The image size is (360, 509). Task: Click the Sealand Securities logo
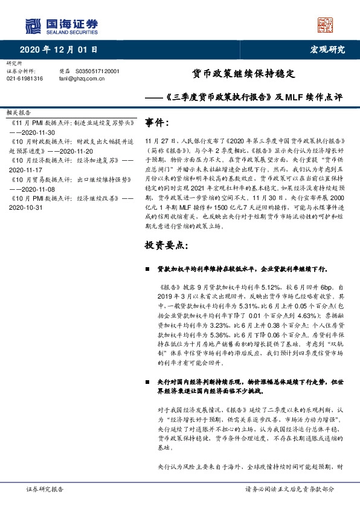pyautogui.click(x=61, y=26)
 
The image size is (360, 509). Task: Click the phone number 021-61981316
pyautogui.click(x=25, y=78)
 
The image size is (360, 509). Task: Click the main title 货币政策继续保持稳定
pyautogui.click(x=243, y=74)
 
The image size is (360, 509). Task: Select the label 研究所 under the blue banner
pyautogui.click(x=13, y=63)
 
